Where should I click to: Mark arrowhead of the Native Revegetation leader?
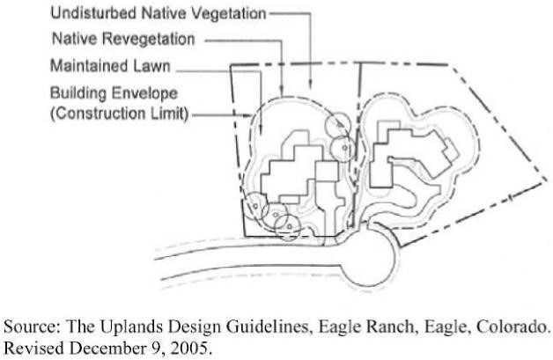tap(279, 92)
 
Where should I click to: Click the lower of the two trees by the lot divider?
tap(343, 148)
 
